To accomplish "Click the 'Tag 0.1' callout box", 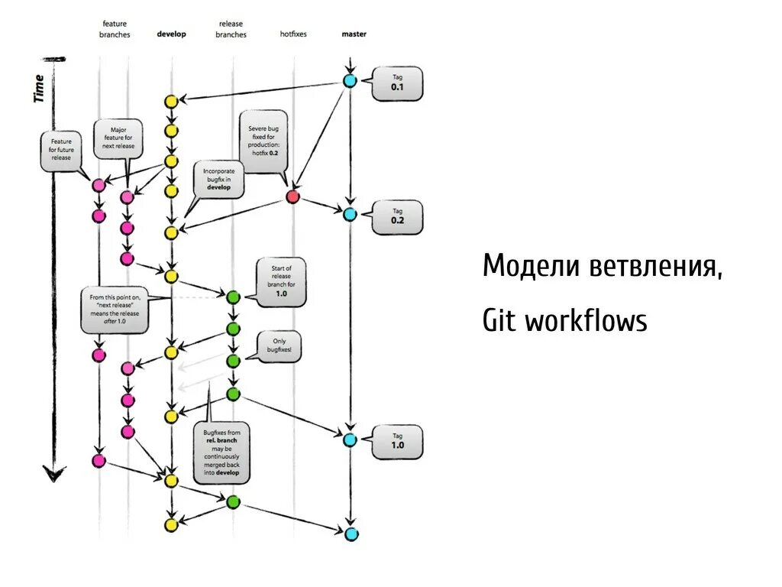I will click(x=396, y=83).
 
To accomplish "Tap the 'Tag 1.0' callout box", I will click(x=397, y=441).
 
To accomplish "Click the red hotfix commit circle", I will click(x=292, y=197).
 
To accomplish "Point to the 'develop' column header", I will click(x=171, y=34).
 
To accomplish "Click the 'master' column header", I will click(x=354, y=34).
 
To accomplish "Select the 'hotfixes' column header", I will click(x=293, y=34).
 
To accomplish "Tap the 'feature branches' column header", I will click(x=115, y=30).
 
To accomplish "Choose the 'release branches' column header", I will click(x=231, y=30).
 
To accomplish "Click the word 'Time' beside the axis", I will click(x=39, y=88).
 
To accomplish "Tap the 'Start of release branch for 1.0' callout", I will click(x=281, y=281).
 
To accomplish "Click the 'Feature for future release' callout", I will click(x=61, y=150).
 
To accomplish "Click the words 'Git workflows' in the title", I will click(x=564, y=320).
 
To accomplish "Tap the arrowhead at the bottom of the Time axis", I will click(x=53, y=475).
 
